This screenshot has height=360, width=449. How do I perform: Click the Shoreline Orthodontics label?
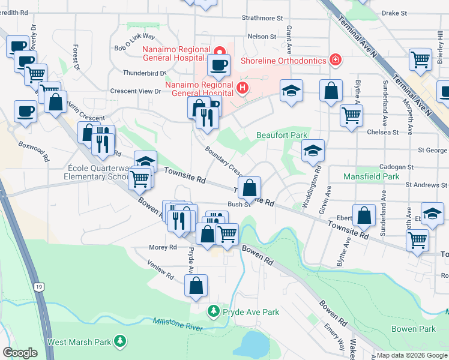282,61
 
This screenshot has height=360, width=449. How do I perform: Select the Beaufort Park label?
282,136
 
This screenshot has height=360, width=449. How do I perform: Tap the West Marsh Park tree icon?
121,341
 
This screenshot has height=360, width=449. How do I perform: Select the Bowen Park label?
413,329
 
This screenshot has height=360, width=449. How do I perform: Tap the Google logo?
20,353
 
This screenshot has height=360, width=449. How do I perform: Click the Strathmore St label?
262,19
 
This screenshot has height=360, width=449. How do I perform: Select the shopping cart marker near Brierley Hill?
420,59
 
